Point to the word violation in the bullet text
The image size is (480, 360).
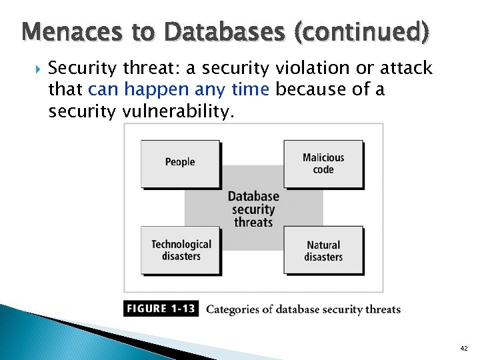click(x=297, y=68)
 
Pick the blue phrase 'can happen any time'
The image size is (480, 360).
click(x=178, y=89)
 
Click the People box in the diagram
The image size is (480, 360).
click(x=180, y=163)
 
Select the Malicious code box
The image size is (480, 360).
click(x=323, y=163)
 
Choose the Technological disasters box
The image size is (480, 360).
click(x=181, y=250)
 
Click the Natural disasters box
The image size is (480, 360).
click(x=323, y=251)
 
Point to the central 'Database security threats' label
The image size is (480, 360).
click(x=253, y=209)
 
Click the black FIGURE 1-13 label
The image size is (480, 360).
click(x=161, y=309)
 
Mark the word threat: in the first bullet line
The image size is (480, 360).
click(x=149, y=68)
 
